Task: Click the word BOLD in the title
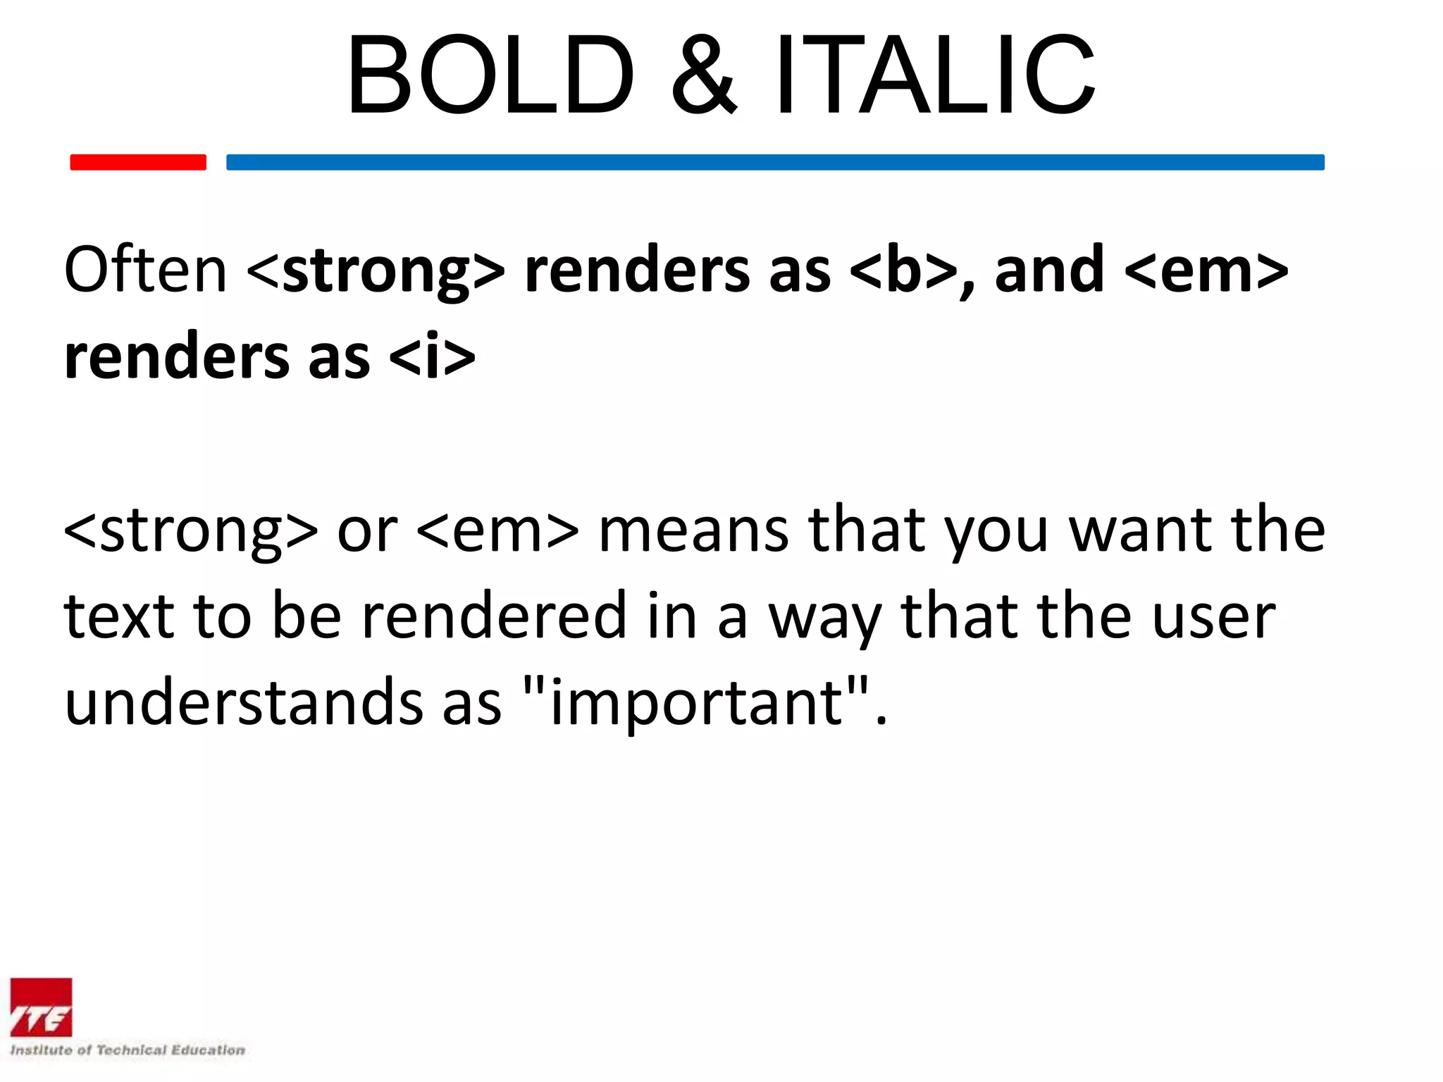point(491,75)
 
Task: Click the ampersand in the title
point(704,75)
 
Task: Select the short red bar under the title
point(138,162)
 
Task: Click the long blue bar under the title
point(775,162)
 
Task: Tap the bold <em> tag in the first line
point(1206,271)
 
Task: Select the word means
point(693,530)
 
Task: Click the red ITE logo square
point(41,1007)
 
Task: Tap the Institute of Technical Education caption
point(128,1050)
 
